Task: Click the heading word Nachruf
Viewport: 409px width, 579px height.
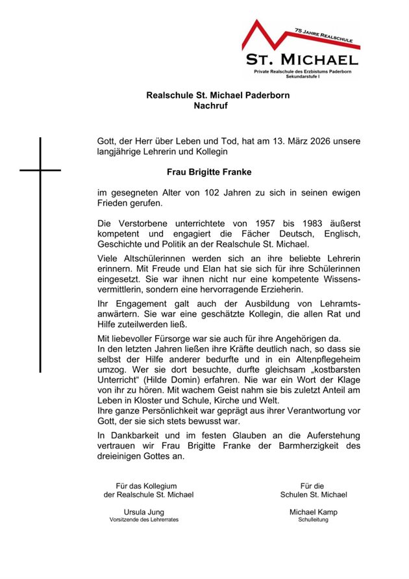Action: pyautogui.click(x=211, y=105)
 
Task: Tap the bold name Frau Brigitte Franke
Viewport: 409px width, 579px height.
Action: pyautogui.click(x=200, y=172)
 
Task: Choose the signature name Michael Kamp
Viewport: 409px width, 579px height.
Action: pyautogui.click(x=314, y=512)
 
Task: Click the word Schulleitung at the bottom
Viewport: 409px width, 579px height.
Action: pyautogui.click(x=314, y=520)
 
